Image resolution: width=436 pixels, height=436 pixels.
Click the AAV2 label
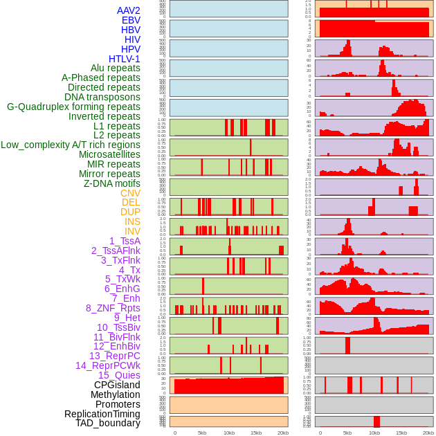pyautogui.click(x=129, y=11)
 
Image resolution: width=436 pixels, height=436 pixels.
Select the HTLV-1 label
pyautogui.click(x=125, y=59)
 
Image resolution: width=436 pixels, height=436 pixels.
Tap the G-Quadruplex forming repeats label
pyautogui.click(x=73, y=107)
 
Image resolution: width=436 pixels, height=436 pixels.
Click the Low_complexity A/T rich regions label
pyautogui.click(x=71, y=145)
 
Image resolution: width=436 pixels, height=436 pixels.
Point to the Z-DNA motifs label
pyautogui.click(x=112, y=183)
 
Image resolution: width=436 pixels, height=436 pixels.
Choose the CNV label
pyautogui.click(x=130, y=193)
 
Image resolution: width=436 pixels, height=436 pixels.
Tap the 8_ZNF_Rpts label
pyautogui.click(x=113, y=308)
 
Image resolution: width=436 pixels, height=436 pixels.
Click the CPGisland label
pyautogui.click(x=117, y=385)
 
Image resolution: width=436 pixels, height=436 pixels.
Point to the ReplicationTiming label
pyautogui.click(x=102, y=414)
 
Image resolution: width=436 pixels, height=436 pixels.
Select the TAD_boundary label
pyautogui.click(x=108, y=423)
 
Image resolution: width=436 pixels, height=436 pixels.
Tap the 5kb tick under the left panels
pyautogui.click(x=202, y=433)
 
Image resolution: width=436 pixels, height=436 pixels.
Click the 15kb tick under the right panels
pyautogui.click(x=401, y=433)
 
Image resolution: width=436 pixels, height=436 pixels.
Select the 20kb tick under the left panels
pyautogui.click(x=283, y=433)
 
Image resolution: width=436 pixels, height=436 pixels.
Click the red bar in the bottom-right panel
pyautogui.click(x=376, y=421)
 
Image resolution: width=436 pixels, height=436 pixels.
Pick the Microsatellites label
pyautogui.click(x=109, y=154)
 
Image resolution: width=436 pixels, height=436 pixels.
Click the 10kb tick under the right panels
pyautogui.click(x=374, y=433)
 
